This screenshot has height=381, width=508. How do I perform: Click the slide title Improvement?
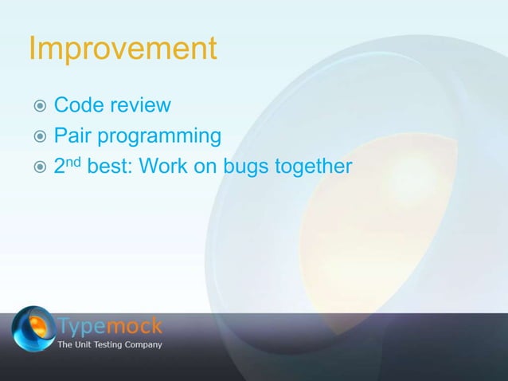[x=122, y=49]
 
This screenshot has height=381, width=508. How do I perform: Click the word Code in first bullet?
[x=79, y=106]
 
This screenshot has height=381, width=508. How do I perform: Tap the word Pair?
[x=72, y=137]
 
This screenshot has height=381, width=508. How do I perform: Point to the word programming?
[x=158, y=139]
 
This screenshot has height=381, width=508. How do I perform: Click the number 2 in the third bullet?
[x=60, y=168]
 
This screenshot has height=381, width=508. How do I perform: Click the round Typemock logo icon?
[x=33, y=328]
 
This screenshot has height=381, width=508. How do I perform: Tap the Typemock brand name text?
[x=111, y=326]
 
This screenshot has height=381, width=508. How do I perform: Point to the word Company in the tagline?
[x=144, y=345]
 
